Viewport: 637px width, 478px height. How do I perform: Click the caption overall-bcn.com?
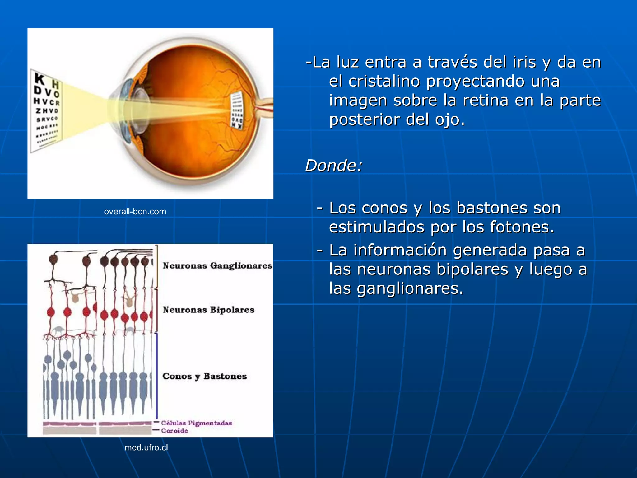pos(135,212)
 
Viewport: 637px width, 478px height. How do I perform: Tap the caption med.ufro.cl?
pos(146,448)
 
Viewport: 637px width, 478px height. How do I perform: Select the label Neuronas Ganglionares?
pos(217,266)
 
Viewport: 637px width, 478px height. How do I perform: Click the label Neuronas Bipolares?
pos(208,310)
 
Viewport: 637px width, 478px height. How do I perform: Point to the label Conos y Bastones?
pos(205,376)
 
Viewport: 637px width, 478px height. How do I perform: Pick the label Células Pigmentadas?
pos(197,423)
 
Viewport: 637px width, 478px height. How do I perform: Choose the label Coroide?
pos(174,431)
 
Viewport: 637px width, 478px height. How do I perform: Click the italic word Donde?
pos(334,165)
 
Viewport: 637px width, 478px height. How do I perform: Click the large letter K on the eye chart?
pos(40,79)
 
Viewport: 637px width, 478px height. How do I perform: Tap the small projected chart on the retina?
pos(237,110)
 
